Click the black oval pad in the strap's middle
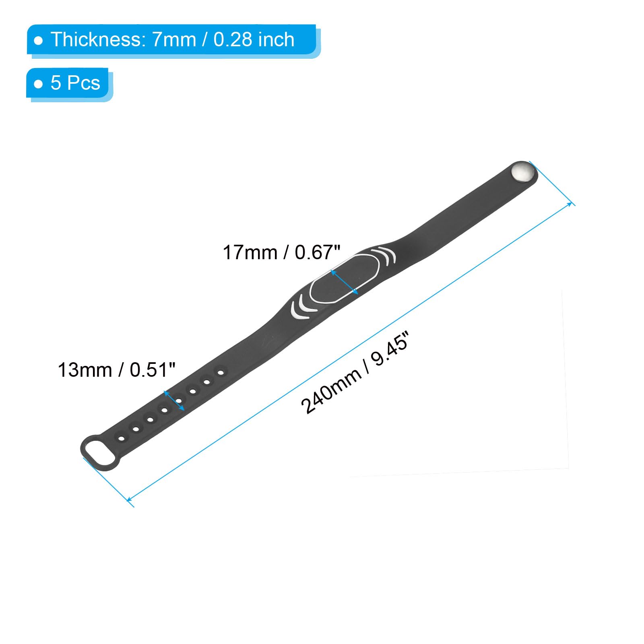pyautogui.click(x=345, y=278)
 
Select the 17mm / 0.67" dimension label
pyautogui.click(x=281, y=253)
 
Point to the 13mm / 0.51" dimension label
pyautogui.click(x=117, y=370)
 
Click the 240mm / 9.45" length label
pyautogui.click(x=355, y=373)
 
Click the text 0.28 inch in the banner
pyautogui.click(x=254, y=39)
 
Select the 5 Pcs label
pyautogui.click(x=75, y=83)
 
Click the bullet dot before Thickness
pyautogui.click(x=39, y=41)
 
